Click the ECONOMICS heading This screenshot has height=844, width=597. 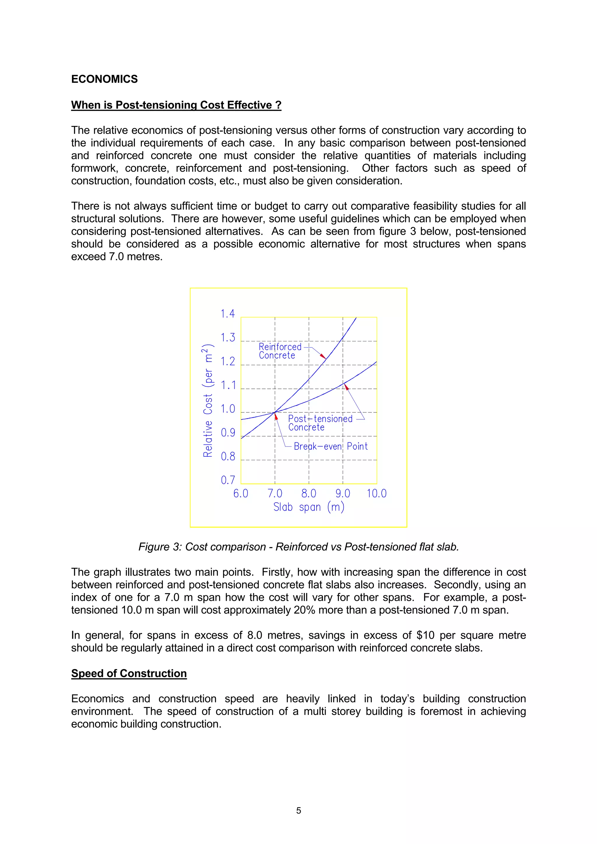point(104,79)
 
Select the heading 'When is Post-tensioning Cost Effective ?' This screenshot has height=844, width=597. point(176,105)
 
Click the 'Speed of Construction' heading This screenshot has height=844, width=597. point(129,673)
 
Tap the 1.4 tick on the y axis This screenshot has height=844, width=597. point(227,314)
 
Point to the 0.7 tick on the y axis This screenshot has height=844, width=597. point(228,480)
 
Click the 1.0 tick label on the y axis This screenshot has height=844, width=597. point(227,409)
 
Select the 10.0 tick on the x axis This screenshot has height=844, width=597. point(376,493)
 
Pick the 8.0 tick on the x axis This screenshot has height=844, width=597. point(309,493)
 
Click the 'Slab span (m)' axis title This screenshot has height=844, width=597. point(309,507)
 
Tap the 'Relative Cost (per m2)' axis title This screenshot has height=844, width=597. point(208,401)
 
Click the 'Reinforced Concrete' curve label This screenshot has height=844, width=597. point(280,351)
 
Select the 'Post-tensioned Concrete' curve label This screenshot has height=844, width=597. point(320,423)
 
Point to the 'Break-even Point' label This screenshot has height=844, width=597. point(330,446)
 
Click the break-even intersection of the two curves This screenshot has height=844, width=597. point(275,412)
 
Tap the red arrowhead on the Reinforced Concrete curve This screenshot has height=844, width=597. point(323,356)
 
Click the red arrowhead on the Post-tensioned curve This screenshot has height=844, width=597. point(346,386)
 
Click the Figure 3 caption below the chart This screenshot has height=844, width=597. point(298,547)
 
